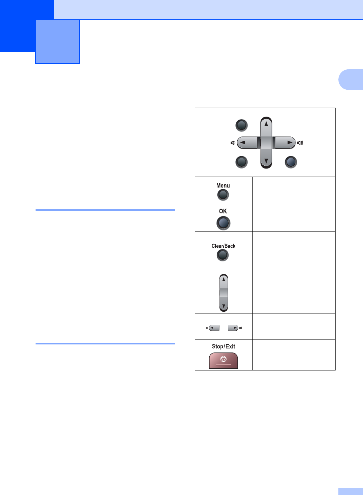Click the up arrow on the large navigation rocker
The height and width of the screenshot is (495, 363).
[266, 124]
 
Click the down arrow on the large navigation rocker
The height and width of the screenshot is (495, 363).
[266, 161]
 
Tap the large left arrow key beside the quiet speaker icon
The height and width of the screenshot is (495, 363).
[247, 143]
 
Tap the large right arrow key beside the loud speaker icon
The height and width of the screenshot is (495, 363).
[285, 143]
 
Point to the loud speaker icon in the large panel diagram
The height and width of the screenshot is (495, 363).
[300, 143]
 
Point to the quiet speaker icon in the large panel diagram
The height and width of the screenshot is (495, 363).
[233, 143]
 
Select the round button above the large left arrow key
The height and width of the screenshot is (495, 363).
[241, 125]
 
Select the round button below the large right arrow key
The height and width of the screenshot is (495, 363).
[291, 162]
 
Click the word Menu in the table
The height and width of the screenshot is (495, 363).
[223, 185]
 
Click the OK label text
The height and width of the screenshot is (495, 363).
[223, 211]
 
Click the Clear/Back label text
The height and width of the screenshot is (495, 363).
[223, 246]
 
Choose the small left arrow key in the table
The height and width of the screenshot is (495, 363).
[214, 328]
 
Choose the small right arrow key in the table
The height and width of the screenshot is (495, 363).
[233, 328]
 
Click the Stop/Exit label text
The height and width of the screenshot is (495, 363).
[223, 347]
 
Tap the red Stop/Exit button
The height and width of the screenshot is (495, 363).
[223, 361]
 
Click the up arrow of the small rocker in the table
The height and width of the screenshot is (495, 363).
[224, 279]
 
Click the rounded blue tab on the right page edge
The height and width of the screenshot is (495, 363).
[351, 80]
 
